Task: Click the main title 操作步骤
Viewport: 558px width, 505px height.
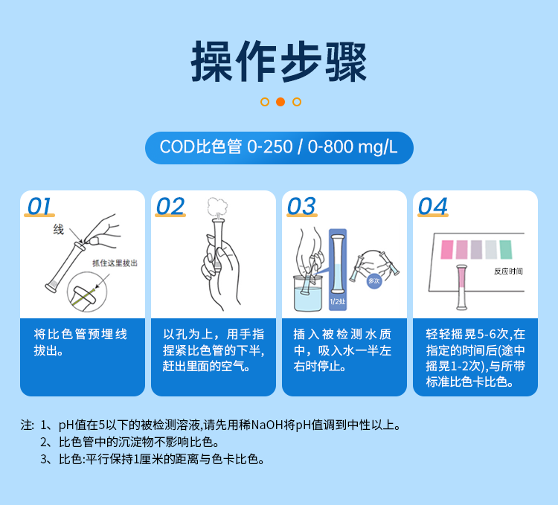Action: [x=279, y=62]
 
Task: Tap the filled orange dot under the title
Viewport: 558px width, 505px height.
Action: [x=280, y=102]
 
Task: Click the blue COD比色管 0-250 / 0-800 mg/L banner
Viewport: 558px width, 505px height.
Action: [x=279, y=147]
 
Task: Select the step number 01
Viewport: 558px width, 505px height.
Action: [x=39, y=206]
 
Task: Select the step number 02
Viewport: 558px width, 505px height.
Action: [x=170, y=206]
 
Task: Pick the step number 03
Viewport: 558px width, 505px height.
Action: [x=301, y=206]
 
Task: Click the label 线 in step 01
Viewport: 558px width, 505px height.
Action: [x=58, y=230]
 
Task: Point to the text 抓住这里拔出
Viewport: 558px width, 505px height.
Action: [x=115, y=263]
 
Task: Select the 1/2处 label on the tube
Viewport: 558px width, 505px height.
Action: [x=338, y=302]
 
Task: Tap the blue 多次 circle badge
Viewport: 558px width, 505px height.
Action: [x=374, y=280]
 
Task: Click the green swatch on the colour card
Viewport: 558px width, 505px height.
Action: [x=506, y=249]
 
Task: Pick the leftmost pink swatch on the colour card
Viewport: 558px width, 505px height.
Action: [x=446, y=249]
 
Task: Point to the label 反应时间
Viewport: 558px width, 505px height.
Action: [x=508, y=271]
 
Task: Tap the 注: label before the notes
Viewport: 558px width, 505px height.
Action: [x=28, y=425]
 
